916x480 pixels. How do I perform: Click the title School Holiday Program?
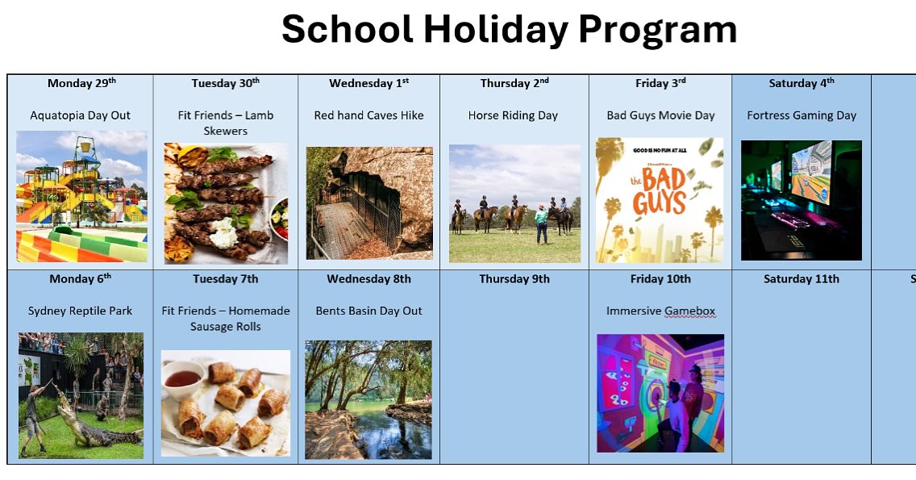pos(509,30)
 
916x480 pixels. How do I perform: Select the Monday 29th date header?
pos(81,83)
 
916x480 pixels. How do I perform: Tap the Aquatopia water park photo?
pos(81,196)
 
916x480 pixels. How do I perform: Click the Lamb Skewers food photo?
pos(226,203)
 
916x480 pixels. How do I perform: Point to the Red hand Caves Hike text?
pos(368,115)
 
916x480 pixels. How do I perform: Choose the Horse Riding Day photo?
pos(514,203)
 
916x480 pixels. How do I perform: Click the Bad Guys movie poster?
pos(660,200)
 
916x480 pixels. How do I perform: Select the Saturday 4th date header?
pos(801,83)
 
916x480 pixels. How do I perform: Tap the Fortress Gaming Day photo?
pos(801,200)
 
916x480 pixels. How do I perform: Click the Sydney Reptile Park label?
pos(80,311)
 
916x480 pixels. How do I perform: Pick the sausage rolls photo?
pos(226,403)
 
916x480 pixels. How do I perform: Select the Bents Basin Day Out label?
pos(368,311)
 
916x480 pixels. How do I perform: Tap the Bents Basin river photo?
pos(368,399)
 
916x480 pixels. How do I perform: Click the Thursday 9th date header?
pos(514,279)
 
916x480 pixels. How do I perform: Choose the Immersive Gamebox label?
pos(660,311)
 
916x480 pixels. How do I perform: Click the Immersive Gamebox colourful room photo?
pos(660,393)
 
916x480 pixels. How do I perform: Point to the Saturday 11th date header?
pos(801,279)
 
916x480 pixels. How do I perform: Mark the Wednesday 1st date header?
pos(368,83)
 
